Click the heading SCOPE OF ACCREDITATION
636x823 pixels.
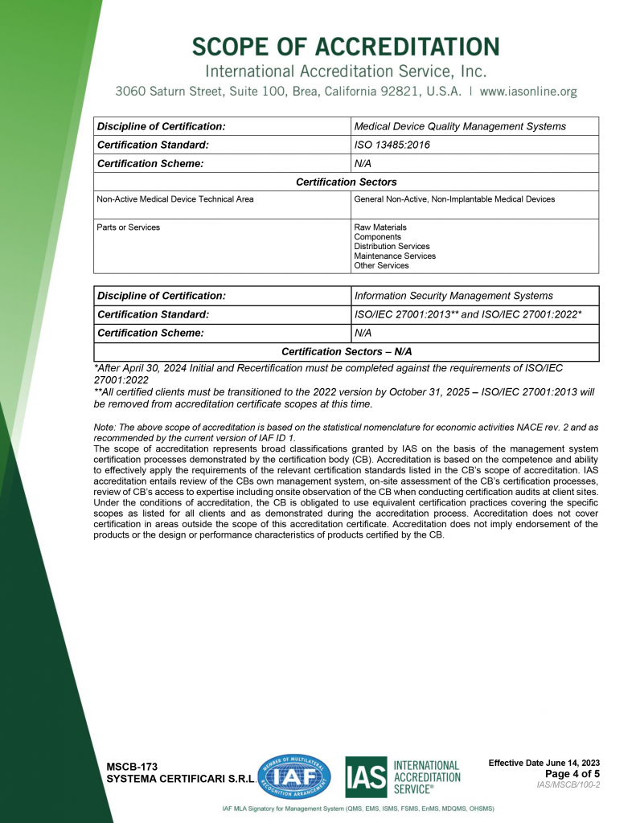(x=346, y=46)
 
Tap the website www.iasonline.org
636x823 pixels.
(x=528, y=92)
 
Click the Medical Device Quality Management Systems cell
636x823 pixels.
(x=460, y=126)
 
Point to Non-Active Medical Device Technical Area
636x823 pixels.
(x=175, y=199)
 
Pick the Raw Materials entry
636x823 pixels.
(x=380, y=227)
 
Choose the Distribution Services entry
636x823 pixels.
(x=392, y=247)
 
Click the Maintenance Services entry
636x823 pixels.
(x=395, y=256)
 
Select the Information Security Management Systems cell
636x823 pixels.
(x=453, y=296)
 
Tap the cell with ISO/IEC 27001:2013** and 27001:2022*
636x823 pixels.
(x=468, y=314)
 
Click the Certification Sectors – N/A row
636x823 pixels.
(x=347, y=352)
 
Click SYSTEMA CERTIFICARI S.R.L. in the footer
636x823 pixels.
(x=181, y=780)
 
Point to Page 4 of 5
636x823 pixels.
(x=572, y=774)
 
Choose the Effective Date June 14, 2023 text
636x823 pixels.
(x=544, y=763)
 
